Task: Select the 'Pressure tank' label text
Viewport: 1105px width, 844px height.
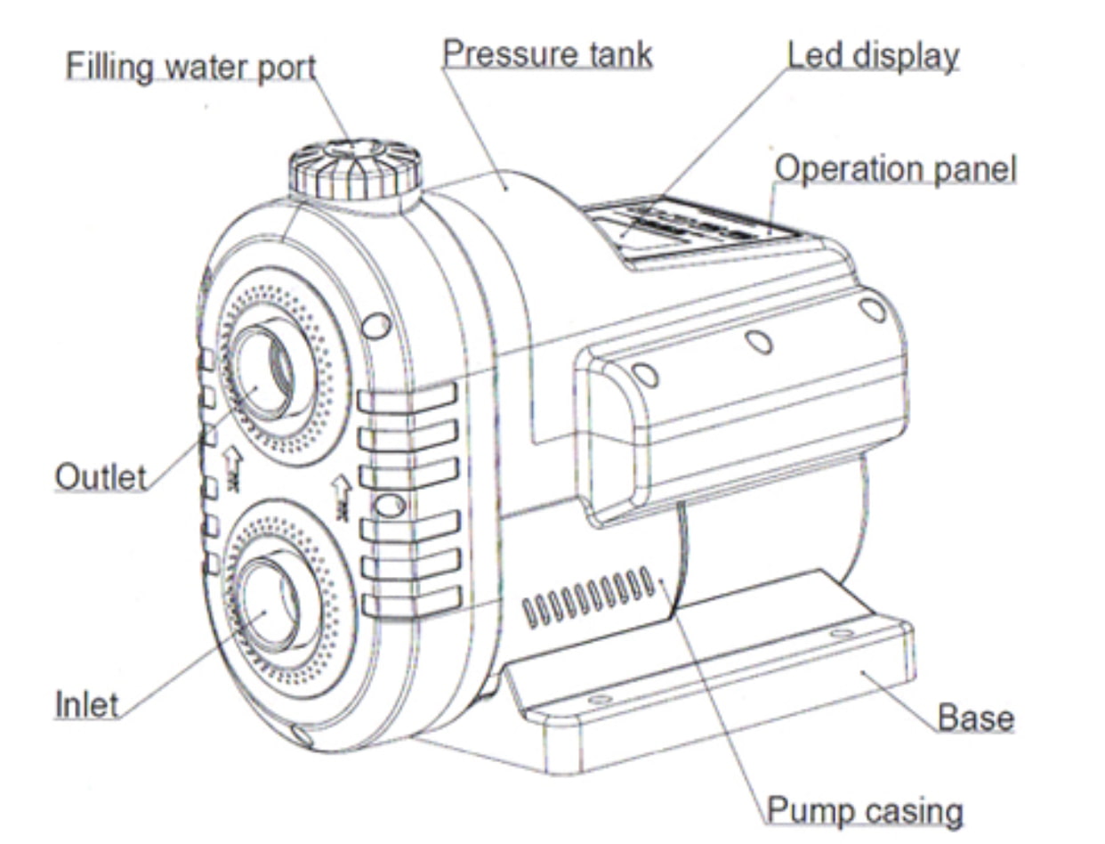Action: point(547,54)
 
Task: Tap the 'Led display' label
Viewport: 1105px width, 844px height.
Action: point(872,55)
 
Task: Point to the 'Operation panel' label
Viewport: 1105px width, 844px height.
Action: point(894,168)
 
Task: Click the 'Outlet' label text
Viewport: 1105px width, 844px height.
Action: point(100,477)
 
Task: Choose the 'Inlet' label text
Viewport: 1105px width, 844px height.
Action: point(86,704)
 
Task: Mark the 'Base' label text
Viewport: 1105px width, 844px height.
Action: point(976,718)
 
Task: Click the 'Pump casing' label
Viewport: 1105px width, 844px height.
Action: point(864,811)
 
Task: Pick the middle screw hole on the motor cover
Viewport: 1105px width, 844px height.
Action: point(758,342)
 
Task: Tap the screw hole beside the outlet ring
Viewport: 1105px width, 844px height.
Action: point(376,325)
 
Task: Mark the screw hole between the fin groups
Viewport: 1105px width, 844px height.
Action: point(388,507)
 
